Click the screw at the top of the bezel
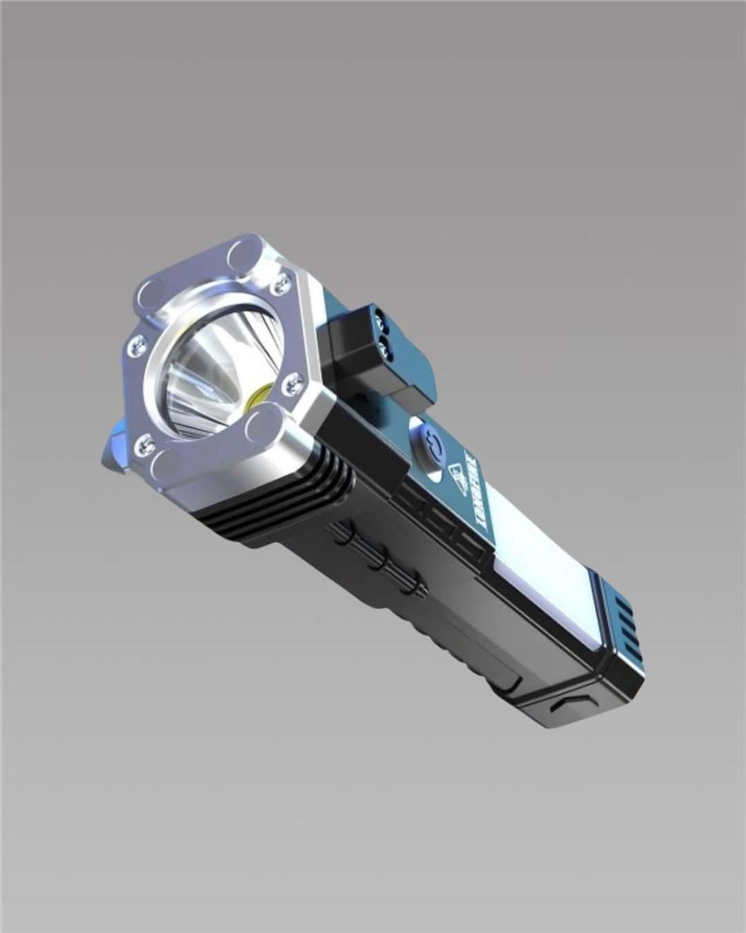point(281,281)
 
